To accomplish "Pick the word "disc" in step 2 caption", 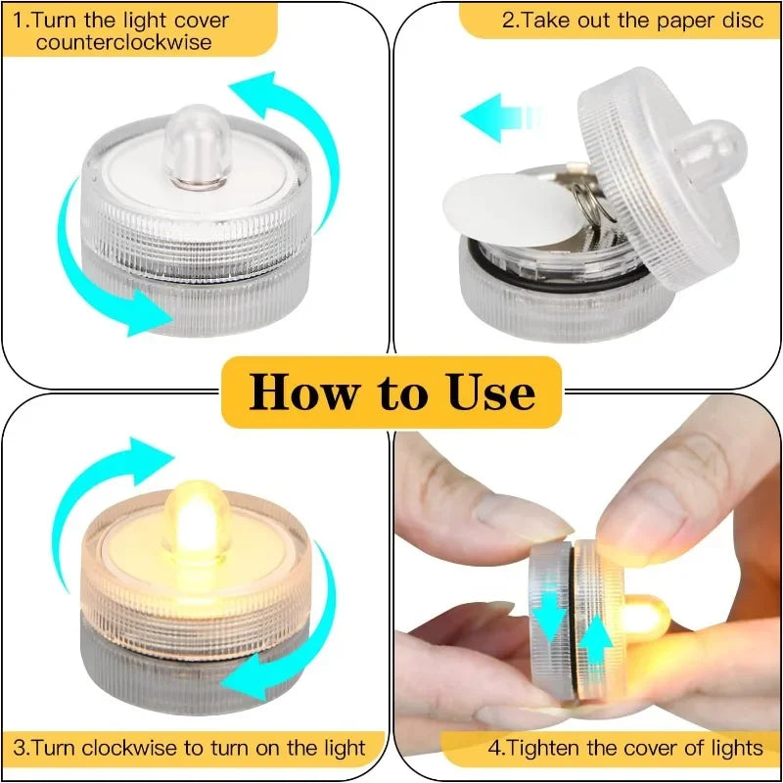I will (742, 19).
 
